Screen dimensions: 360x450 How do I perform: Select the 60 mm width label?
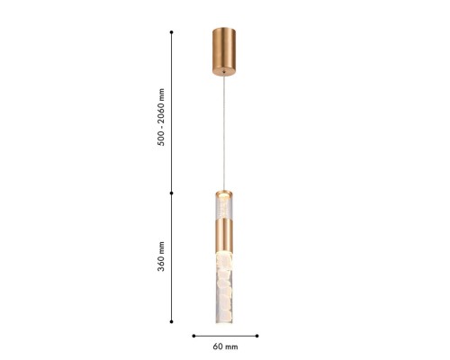pyautogui.click(x=225, y=346)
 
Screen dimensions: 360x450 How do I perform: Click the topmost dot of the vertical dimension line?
pyautogui.click(x=172, y=32)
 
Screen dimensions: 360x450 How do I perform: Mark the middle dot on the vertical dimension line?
pyautogui.click(x=172, y=191)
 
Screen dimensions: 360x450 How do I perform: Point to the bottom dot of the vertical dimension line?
pyautogui.click(x=172, y=322)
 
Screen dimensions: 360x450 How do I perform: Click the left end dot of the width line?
pyautogui.click(x=194, y=335)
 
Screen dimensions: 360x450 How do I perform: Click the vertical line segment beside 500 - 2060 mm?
pyautogui.click(x=172, y=112)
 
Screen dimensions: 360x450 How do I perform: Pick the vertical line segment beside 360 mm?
pyautogui.click(x=172, y=256)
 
